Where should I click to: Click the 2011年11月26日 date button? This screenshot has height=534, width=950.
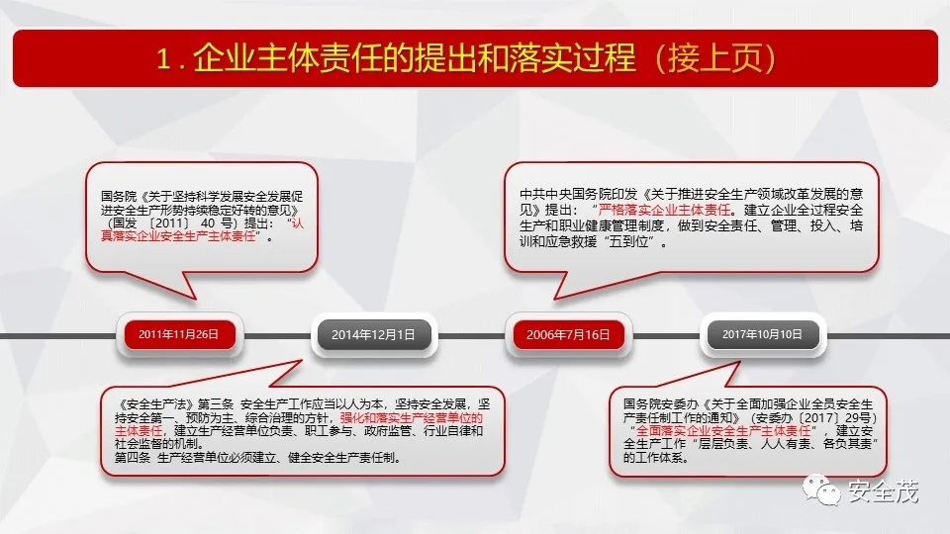[x=179, y=334]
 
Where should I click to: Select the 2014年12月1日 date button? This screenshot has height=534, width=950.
[x=374, y=335]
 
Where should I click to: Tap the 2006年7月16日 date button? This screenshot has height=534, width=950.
[x=568, y=335]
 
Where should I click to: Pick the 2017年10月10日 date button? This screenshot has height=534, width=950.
[x=763, y=334]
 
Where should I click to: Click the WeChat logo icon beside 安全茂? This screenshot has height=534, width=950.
[x=821, y=489]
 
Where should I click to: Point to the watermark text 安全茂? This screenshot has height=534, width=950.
[x=884, y=491]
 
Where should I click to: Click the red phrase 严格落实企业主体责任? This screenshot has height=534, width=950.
[x=665, y=210]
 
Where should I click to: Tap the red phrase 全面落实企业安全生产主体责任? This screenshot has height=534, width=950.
[x=723, y=430]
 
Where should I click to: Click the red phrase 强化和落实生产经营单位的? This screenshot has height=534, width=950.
[x=412, y=417]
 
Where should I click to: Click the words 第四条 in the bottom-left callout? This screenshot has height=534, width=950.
[x=133, y=458]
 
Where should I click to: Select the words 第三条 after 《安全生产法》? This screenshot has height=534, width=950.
[x=215, y=404]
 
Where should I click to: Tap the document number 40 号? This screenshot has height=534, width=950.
[x=217, y=223]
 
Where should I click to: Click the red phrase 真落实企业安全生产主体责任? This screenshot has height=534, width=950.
[x=178, y=236]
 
